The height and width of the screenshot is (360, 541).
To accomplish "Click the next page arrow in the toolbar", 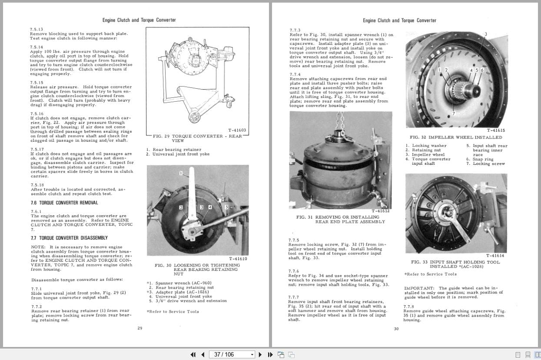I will pyautogui.click(x=260, y=354).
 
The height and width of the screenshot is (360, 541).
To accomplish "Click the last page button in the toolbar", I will pyautogui.click(x=270, y=354).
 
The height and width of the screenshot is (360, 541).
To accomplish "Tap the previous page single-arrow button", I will pyautogui.click(x=202, y=354).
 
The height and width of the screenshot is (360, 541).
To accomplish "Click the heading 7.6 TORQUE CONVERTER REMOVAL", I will pyautogui.click(x=64, y=203).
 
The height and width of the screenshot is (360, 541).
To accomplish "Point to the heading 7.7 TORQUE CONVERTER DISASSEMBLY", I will pyautogui.click(x=69, y=238).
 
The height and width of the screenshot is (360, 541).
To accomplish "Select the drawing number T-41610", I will pyautogui.click(x=238, y=259).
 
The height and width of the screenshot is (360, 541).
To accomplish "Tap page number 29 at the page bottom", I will pyautogui.click(x=139, y=328).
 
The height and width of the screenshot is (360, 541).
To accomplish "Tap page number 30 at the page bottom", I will pyautogui.click(x=396, y=329).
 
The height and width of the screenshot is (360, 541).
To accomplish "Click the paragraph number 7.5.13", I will pyautogui.click(x=37, y=29).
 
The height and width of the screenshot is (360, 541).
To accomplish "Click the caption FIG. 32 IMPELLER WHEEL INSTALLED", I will pyautogui.click(x=455, y=137).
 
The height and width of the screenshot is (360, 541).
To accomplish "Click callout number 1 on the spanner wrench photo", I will pyautogui.click(x=181, y=173).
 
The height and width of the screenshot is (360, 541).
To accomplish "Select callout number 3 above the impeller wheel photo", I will pyautogui.click(x=486, y=34).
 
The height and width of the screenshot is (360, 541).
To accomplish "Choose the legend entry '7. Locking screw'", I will pyautogui.click(x=488, y=164).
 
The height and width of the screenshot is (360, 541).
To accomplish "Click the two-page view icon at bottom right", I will pyautogui.click(x=537, y=355).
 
